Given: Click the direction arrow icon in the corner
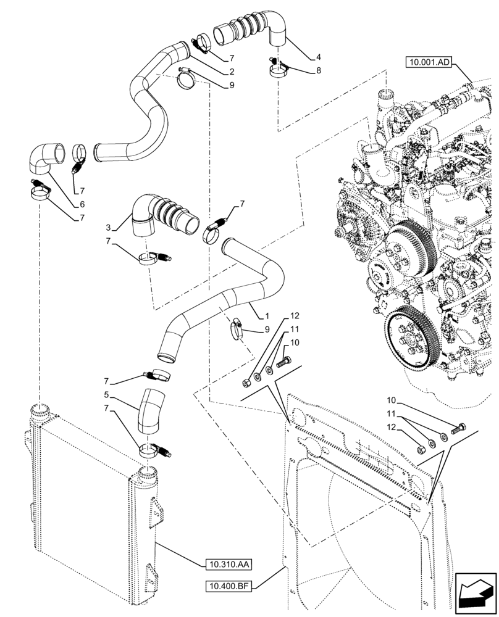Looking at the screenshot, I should click(475, 594).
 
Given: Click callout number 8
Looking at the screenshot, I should click(318, 71).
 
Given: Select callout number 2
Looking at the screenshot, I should click(231, 72).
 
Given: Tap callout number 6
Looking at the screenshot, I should click(82, 204).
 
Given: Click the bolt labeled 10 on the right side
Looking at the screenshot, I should click(459, 428).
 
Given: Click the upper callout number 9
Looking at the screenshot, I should click(231, 86).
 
